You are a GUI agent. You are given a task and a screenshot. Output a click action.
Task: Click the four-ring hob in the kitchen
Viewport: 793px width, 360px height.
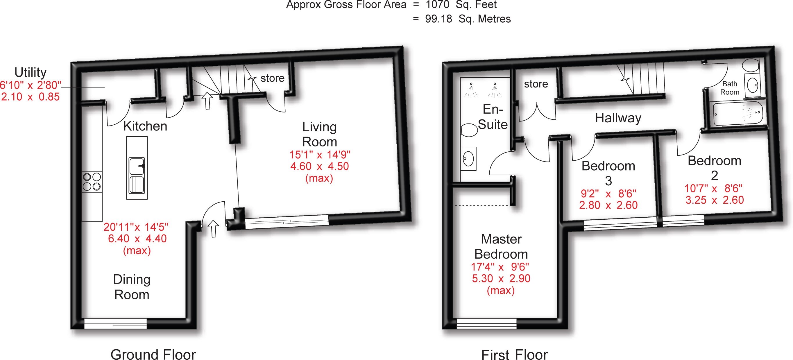(92, 182)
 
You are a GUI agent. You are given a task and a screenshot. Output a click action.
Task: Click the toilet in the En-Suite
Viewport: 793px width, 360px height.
(468, 130)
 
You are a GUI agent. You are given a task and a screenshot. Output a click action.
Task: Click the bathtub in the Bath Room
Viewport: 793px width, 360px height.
(737, 114)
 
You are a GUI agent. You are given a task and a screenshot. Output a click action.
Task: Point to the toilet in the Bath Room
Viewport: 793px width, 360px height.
(751, 65)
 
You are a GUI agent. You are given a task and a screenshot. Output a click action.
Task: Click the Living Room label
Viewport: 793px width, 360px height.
(320, 135)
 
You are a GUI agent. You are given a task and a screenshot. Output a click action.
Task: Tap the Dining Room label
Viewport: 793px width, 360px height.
(132, 287)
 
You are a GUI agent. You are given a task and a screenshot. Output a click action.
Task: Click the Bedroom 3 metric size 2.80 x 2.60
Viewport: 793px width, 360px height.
(608, 205)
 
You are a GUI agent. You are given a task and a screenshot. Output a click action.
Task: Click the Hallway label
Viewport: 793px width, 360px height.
(618, 118)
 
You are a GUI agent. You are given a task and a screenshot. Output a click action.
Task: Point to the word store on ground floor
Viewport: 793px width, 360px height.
(273, 78)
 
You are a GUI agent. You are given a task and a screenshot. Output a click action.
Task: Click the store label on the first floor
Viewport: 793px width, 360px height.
(536, 84)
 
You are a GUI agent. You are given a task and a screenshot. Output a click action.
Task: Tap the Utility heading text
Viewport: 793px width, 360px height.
(31, 72)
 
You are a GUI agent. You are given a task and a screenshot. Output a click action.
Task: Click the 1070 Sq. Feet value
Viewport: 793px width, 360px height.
(461, 5)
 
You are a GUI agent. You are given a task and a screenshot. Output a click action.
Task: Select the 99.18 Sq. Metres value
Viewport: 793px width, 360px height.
(468, 19)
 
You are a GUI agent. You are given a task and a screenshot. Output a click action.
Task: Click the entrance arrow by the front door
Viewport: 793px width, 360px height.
(213, 229)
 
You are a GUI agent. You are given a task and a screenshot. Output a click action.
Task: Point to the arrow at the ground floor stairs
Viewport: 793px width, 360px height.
(207, 101)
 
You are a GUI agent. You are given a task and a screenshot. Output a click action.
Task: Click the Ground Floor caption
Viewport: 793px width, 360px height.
(153, 354)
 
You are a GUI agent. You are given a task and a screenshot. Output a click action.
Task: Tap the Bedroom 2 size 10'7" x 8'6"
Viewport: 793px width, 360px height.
(713, 188)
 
